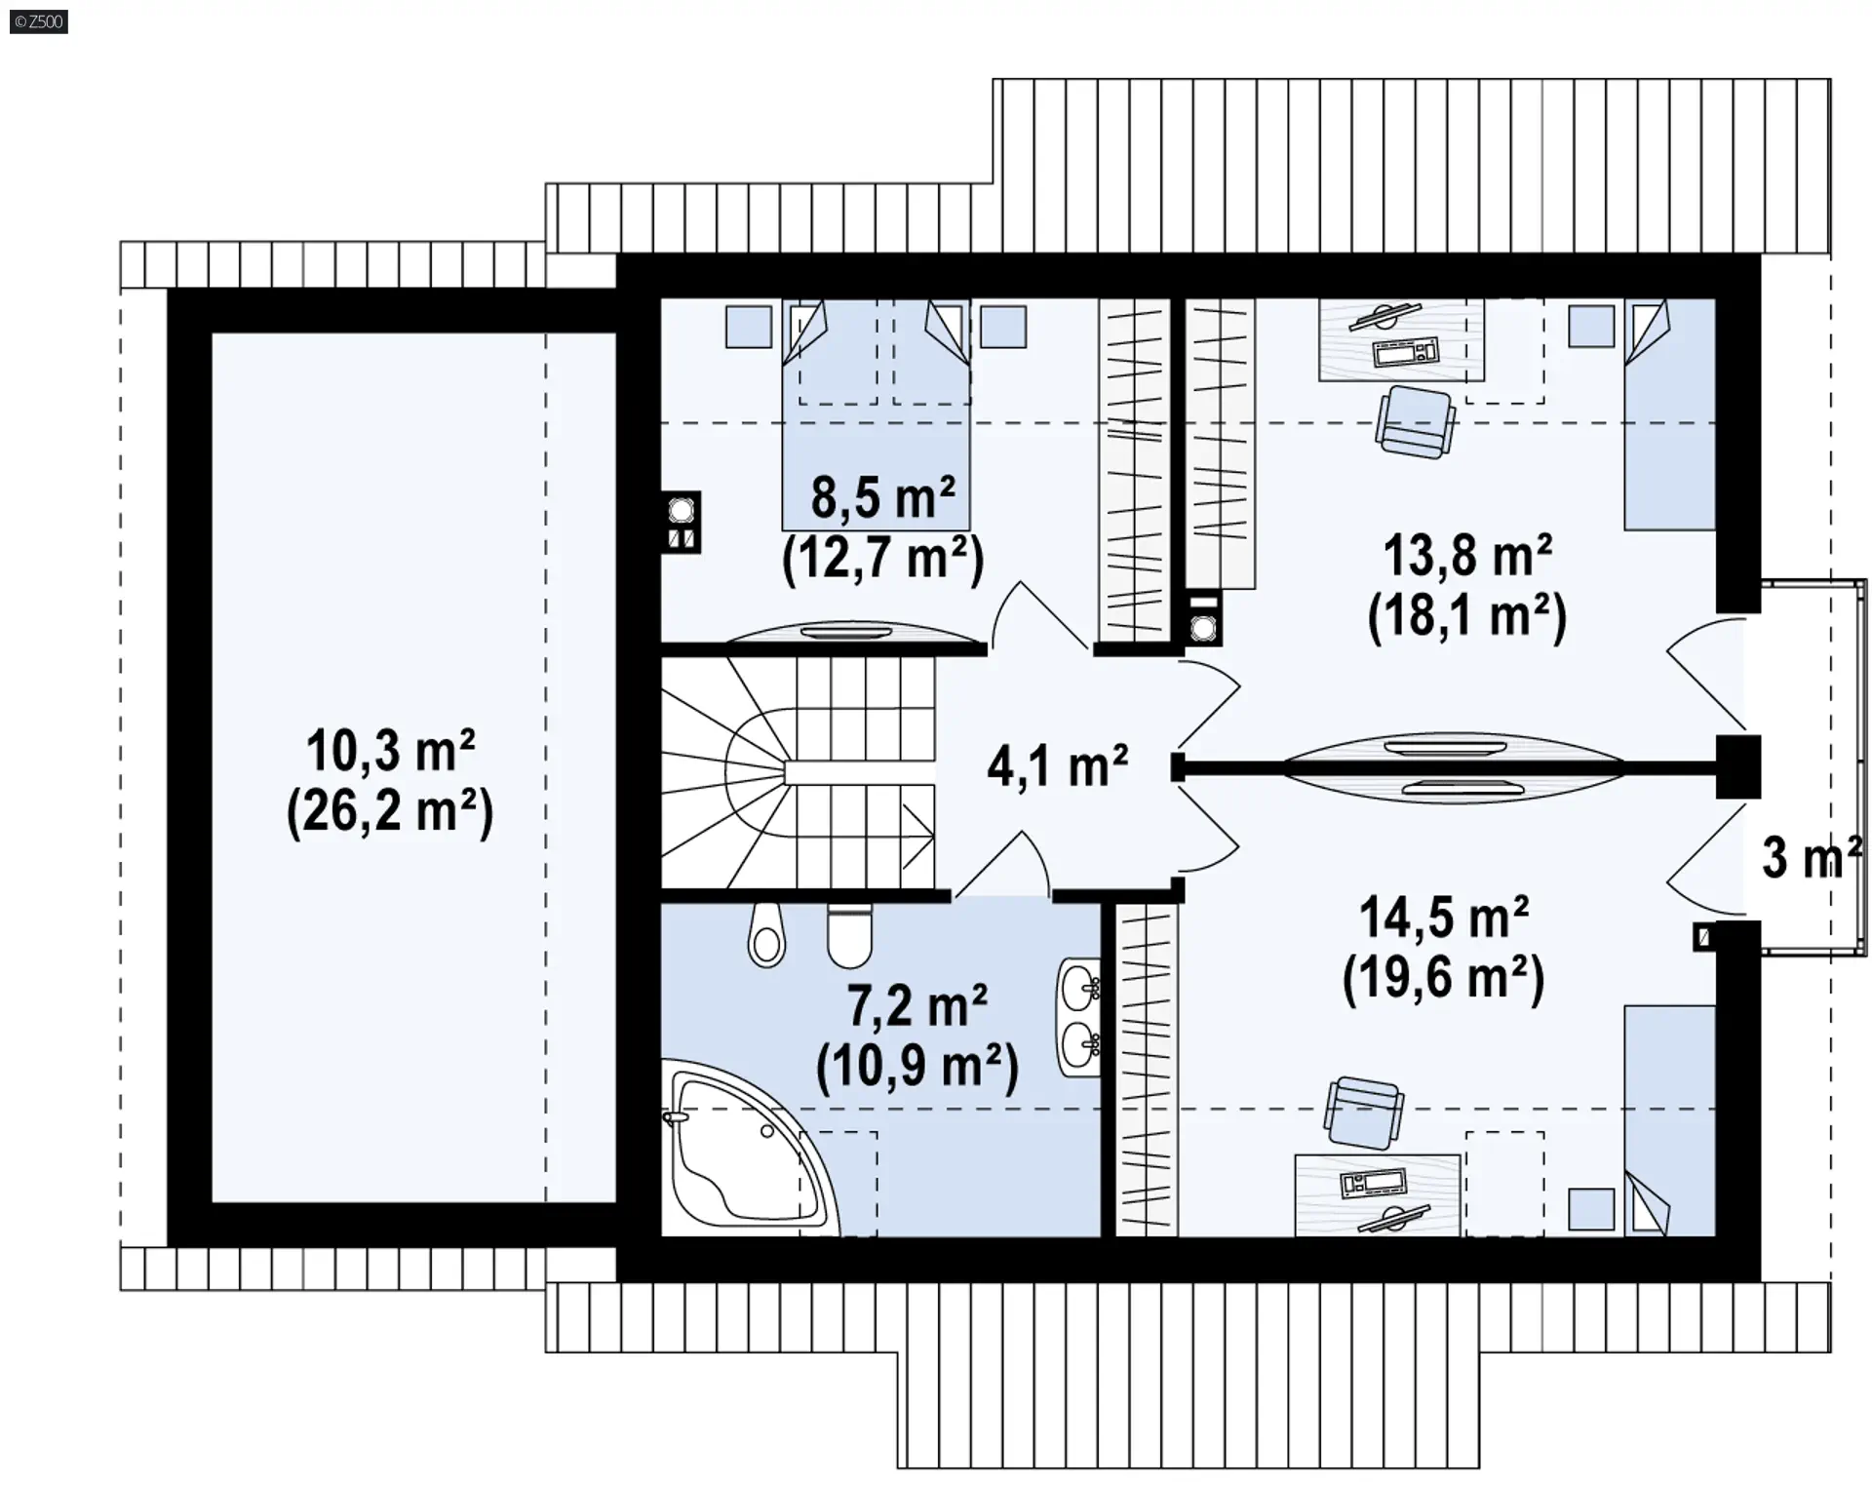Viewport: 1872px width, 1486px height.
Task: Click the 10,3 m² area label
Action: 391,751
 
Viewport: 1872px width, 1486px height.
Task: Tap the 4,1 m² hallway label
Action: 1058,765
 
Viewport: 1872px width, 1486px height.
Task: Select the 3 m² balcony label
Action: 1812,858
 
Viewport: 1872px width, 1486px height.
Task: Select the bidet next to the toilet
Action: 766,934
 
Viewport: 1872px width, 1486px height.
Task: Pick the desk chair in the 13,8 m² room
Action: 1416,421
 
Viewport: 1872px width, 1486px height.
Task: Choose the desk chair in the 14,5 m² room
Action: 1364,1113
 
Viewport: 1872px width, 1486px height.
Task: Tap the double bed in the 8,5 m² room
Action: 876,415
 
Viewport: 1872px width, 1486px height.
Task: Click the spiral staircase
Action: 798,772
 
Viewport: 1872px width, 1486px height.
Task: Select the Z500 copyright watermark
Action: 39,21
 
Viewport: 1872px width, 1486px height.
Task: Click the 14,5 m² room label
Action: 1444,919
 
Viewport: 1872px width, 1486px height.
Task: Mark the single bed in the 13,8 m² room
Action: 1669,415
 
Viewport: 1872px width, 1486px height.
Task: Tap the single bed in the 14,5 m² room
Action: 1669,1121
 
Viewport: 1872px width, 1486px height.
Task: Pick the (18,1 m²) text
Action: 1467,616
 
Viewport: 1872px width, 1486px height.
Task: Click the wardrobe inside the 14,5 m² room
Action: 1147,1071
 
